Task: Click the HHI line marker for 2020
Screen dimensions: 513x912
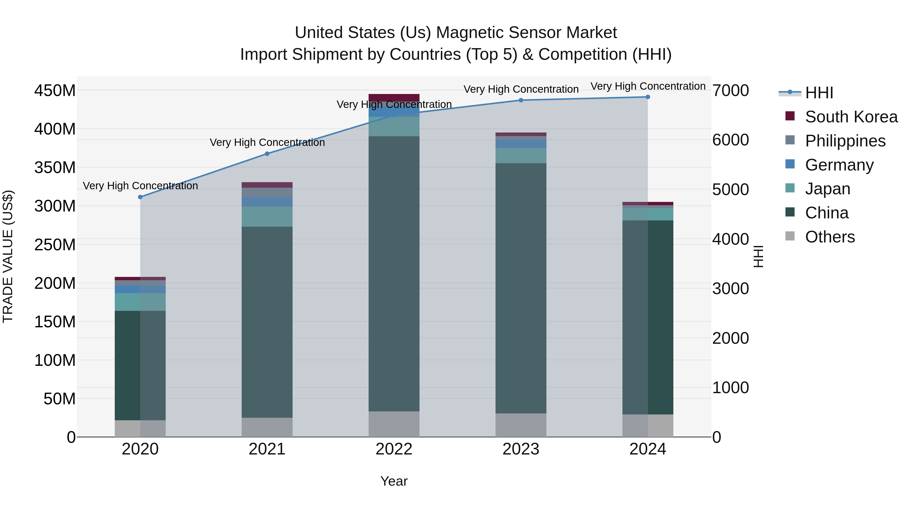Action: point(140,197)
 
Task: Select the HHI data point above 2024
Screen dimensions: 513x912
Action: point(648,97)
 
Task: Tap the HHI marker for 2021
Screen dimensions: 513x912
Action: point(267,154)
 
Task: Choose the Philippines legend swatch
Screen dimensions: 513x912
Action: point(790,140)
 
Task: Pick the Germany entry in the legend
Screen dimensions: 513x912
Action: point(839,165)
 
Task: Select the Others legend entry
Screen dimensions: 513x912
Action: point(829,237)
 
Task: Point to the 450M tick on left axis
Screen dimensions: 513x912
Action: point(55,91)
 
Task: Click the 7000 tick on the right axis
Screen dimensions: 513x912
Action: point(730,91)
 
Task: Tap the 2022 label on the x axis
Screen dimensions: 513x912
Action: point(394,449)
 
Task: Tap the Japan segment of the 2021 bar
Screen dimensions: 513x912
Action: point(267,216)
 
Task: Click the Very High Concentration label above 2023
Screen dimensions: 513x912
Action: point(521,89)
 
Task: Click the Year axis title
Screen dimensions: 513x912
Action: point(394,481)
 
